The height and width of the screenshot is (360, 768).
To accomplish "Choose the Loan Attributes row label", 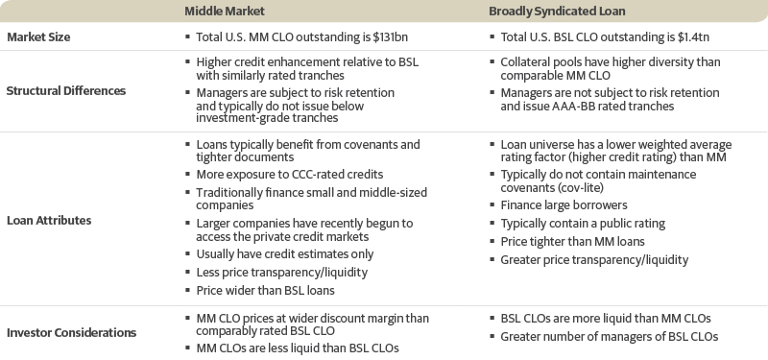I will pos(48,220).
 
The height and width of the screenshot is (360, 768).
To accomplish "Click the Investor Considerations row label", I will pos(72,333).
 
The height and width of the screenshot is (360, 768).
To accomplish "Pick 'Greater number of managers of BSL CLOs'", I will pos(610,336).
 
